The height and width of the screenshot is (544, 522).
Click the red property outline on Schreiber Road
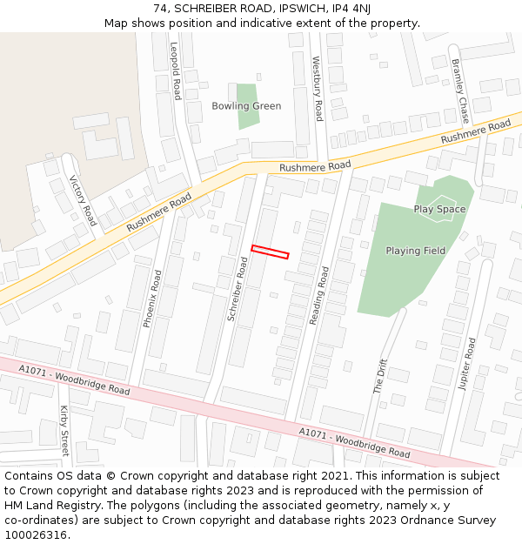click(x=270, y=252)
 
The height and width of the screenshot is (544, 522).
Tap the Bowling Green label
click(x=246, y=106)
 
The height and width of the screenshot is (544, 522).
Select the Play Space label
click(x=439, y=209)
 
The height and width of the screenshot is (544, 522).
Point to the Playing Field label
click(x=415, y=251)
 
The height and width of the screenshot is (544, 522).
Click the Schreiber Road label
click(x=238, y=289)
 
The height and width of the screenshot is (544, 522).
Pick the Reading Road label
click(x=318, y=294)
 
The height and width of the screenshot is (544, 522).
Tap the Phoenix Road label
click(x=152, y=298)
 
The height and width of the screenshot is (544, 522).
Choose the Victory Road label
click(x=83, y=200)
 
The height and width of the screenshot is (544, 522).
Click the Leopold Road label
click(x=177, y=71)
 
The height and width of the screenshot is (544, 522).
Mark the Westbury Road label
click(x=318, y=88)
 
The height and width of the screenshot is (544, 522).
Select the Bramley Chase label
click(x=458, y=91)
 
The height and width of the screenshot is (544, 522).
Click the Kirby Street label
click(x=64, y=430)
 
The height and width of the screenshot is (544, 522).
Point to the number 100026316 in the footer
click(x=34, y=534)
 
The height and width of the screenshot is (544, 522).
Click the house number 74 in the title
click(x=160, y=8)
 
